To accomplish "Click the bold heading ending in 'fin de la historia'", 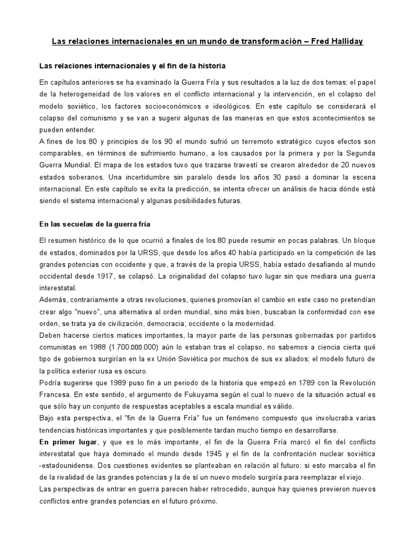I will (x=133, y=66).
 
